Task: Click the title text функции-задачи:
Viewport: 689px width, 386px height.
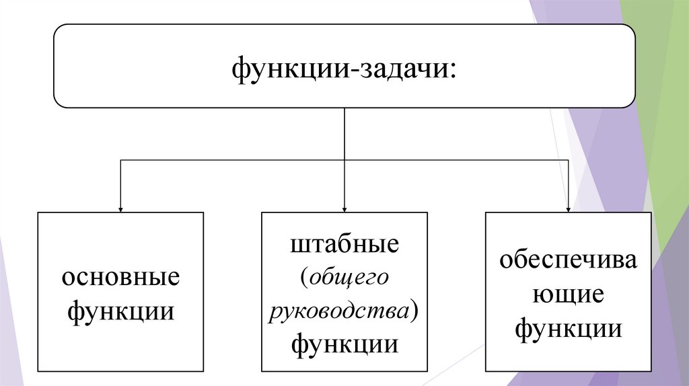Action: [x=344, y=68]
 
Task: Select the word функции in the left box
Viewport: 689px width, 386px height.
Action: [x=120, y=312]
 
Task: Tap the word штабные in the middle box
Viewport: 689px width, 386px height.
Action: [x=344, y=243]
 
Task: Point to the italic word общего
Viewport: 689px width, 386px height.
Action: [x=348, y=277]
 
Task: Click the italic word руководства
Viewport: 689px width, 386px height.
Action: [x=340, y=311]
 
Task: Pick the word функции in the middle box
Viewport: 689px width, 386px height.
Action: [x=344, y=344]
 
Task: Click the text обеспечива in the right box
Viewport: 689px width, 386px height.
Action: [x=568, y=261]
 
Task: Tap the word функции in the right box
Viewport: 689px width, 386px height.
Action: [x=568, y=329]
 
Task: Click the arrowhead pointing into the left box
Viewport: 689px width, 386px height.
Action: [x=120, y=208]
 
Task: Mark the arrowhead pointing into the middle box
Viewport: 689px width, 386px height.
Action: [x=344, y=208]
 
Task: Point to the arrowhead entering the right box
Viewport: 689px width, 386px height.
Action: [x=569, y=208]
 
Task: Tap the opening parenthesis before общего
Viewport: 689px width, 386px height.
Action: [x=305, y=278]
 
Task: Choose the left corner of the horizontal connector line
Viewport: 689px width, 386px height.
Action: [x=120, y=160]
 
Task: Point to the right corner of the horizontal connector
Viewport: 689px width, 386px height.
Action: [x=569, y=160]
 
